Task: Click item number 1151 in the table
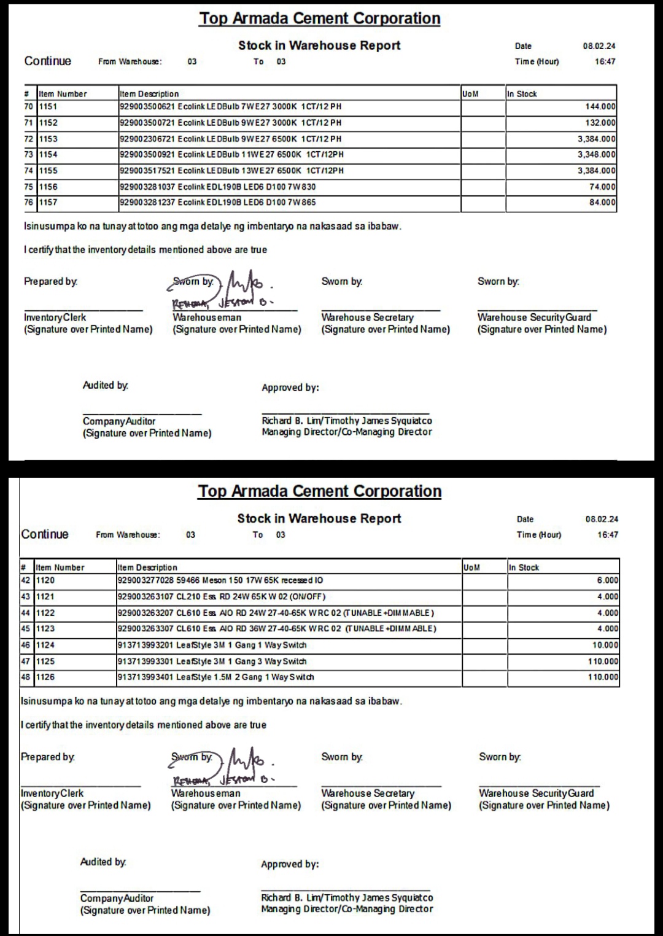48,107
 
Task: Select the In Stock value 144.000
600,107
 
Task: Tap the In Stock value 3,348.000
596,155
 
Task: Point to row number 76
29,203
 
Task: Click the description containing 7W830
218,187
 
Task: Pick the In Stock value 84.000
602,203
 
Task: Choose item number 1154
48,155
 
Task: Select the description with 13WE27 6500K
231,171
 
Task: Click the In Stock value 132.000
600,123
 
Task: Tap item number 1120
45,580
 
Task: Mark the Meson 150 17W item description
220,580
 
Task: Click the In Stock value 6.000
608,580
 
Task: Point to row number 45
26,629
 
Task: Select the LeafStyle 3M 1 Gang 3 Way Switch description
212,661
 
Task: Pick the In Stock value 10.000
605,645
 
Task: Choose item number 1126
45,677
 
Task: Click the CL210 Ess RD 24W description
222,597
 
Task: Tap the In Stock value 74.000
602,187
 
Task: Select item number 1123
45,629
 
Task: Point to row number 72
29,139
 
